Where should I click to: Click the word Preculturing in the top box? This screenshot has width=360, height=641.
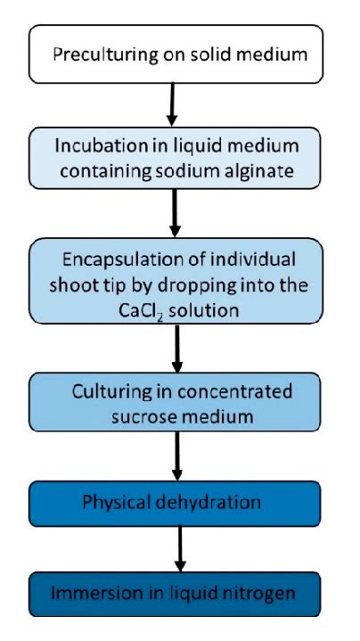pyautogui.click(x=99, y=55)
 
